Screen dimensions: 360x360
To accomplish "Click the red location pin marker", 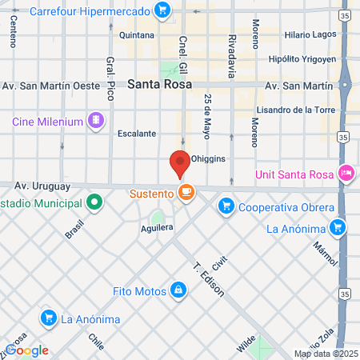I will pyautogui.click(x=180, y=163).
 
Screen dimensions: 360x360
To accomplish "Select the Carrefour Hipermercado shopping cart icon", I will pyautogui.click(x=163, y=10).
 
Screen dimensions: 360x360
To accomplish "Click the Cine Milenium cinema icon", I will pyautogui.click(x=96, y=121).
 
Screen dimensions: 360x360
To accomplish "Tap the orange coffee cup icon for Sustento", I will pyautogui.click(x=186, y=193).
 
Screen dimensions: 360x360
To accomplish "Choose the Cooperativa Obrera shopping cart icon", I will pyautogui.click(x=226, y=206).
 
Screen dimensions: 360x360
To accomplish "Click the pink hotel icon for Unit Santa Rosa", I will pyautogui.click(x=346, y=172).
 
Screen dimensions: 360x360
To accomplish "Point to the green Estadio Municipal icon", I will pyautogui.click(x=94, y=202).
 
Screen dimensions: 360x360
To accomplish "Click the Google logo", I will pyautogui.click(x=27, y=350).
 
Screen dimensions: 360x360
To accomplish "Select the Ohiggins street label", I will pyautogui.click(x=210, y=158).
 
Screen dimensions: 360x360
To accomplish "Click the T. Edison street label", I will pyautogui.click(x=206, y=278).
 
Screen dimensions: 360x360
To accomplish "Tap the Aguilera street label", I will pyautogui.click(x=157, y=228).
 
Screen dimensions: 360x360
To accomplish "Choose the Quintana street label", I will pyautogui.click(x=136, y=35).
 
